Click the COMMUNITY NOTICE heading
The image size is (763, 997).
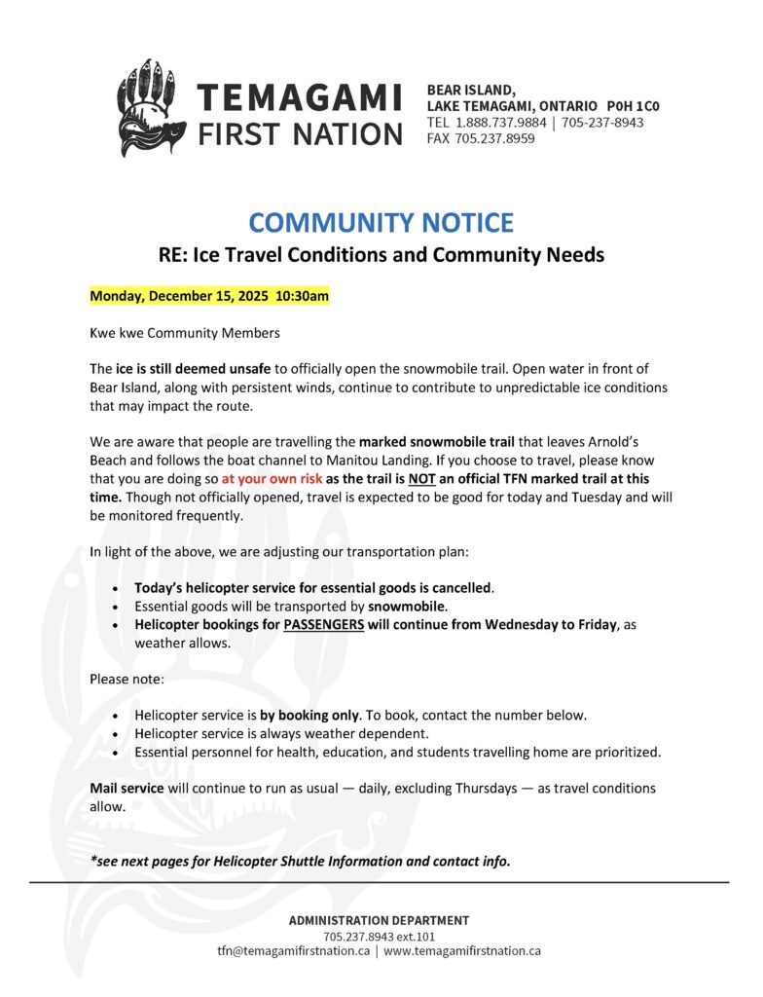tap(381, 222)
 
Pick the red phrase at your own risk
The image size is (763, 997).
tap(271, 479)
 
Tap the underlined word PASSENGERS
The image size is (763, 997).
tap(323, 625)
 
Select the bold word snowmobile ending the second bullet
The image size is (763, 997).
tap(406, 606)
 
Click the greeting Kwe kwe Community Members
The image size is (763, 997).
tap(184, 333)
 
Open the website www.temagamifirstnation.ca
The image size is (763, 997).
tap(462, 950)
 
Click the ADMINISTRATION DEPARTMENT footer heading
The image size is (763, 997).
tap(379, 920)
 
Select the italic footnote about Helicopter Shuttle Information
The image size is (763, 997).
tap(300, 861)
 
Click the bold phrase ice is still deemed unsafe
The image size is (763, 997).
tap(195, 369)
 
